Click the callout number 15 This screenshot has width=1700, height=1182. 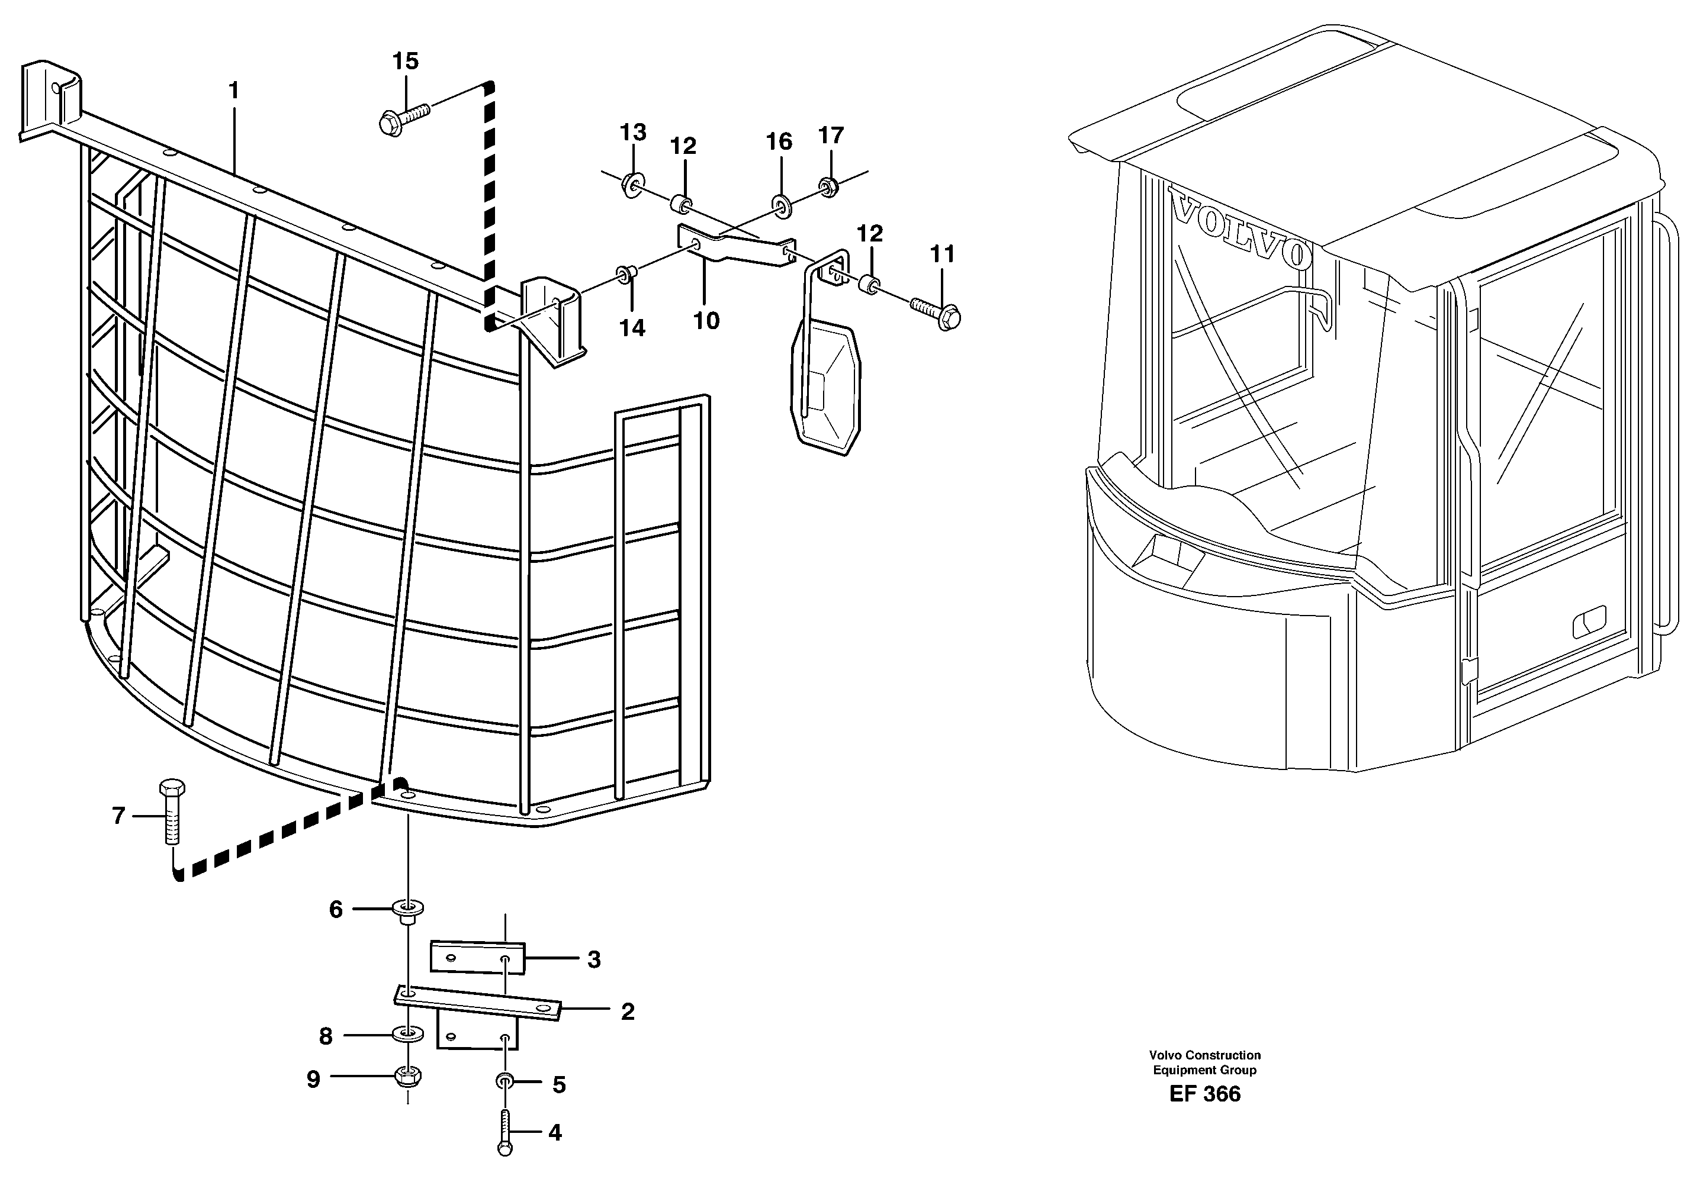coord(405,62)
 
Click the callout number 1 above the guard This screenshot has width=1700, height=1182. coord(233,91)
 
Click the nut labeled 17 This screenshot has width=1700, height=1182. coord(828,186)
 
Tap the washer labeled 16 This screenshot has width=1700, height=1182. coord(781,204)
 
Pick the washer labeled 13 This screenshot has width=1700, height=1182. coord(633,182)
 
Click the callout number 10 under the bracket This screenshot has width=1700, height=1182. coord(706,321)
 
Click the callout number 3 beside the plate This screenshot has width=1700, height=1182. coord(594,960)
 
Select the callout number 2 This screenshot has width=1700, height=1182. coord(627,1012)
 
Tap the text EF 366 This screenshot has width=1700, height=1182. coord(1204,1094)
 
